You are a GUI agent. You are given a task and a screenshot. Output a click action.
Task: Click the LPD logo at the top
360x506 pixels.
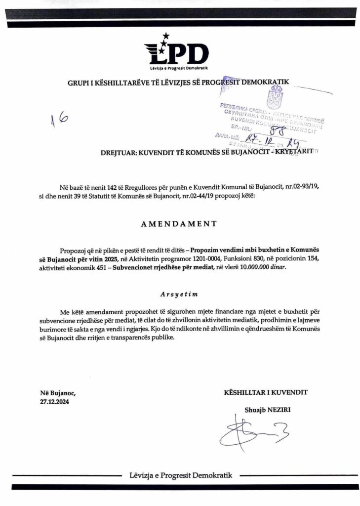(x=177, y=51)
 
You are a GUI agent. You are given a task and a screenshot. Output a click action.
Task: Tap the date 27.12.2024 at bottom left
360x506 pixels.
(x=55, y=402)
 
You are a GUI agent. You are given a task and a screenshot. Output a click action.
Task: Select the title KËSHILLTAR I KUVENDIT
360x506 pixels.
(x=266, y=392)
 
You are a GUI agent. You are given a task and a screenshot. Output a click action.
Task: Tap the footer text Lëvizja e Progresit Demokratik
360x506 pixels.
(x=180, y=475)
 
